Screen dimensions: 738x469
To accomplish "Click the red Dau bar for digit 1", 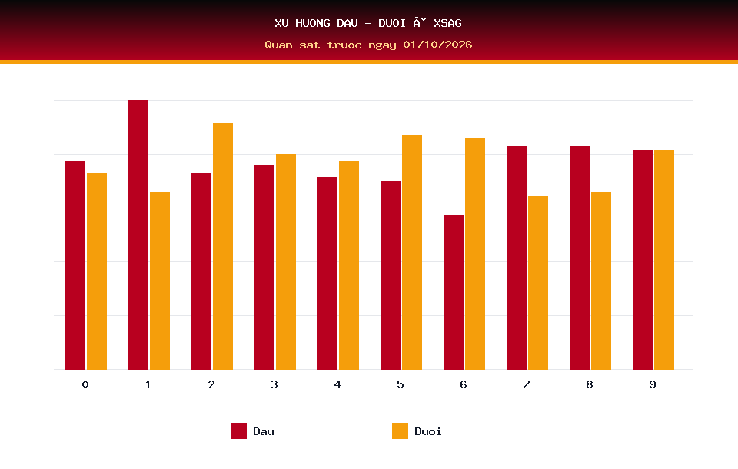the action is (x=138, y=234).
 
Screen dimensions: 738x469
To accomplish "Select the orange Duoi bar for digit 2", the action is (x=223, y=246).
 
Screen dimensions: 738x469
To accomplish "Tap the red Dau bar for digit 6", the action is (x=454, y=292).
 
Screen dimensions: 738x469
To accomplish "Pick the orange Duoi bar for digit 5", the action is (x=412, y=252).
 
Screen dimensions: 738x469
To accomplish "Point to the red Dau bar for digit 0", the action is (x=75, y=265).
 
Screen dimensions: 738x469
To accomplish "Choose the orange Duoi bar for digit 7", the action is (x=538, y=282).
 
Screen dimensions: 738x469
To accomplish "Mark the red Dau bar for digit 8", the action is (x=580, y=258).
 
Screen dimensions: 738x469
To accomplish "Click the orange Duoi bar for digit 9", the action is (x=664, y=259).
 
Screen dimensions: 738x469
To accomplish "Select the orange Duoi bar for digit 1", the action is (x=160, y=281).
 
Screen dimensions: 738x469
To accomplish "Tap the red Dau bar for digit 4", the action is (x=327, y=273).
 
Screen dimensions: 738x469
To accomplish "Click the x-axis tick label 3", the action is (x=274, y=384).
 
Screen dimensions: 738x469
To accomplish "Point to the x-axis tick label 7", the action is (x=526, y=384).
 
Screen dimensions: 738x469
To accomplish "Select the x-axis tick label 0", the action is (x=85, y=384).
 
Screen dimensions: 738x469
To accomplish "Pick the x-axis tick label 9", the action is (x=653, y=384).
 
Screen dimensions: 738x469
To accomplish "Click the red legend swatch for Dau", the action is (x=238, y=431).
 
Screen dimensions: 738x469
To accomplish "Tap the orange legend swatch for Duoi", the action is (x=400, y=431).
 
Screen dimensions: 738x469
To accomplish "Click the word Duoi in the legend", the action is (x=428, y=431).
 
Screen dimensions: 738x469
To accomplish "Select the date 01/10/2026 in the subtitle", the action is (x=437, y=45).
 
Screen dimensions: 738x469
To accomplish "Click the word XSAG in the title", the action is (x=447, y=23).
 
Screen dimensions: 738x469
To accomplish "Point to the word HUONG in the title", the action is (x=313, y=23).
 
